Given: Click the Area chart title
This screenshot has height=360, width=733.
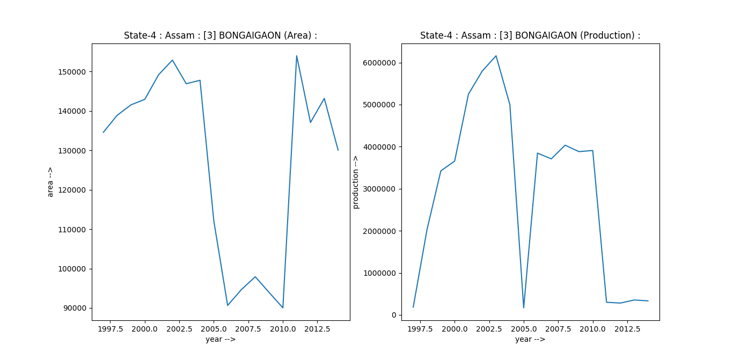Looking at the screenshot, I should pyautogui.click(x=221, y=36).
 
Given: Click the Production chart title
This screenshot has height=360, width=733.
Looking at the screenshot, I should pyautogui.click(x=530, y=36).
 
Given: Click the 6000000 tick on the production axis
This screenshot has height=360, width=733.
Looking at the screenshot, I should pyautogui.click(x=379, y=63).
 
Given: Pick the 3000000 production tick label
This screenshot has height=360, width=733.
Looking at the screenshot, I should pyautogui.click(x=379, y=189).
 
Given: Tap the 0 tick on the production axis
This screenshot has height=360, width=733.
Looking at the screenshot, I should pyautogui.click(x=393, y=315).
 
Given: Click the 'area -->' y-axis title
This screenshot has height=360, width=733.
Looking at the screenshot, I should pyautogui.click(x=50, y=182).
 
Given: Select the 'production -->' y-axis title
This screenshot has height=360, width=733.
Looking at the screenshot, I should pyautogui.click(x=355, y=182).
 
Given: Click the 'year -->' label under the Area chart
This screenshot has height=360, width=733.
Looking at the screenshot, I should pyautogui.click(x=221, y=340).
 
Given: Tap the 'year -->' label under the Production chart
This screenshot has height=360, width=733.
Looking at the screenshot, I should pyautogui.click(x=530, y=340).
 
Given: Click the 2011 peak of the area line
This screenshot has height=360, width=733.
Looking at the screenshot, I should pyautogui.click(x=296, y=56).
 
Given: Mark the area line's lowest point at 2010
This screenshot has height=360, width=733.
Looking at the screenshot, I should pyautogui.click(x=283, y=307).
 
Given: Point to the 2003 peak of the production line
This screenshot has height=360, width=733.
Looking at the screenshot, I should pyautogui.click(x=496, y=56).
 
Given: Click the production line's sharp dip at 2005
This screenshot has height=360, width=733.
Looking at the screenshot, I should pyautogui.click(x=523, y=307).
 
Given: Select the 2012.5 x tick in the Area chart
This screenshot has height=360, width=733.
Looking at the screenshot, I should pyautogui.click(x=317, y=328).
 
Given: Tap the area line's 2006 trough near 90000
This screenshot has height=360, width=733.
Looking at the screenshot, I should pyautogui.click(x=228, y=305).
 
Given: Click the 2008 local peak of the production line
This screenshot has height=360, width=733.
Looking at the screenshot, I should pyautogui.click(x=565, y=145).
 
